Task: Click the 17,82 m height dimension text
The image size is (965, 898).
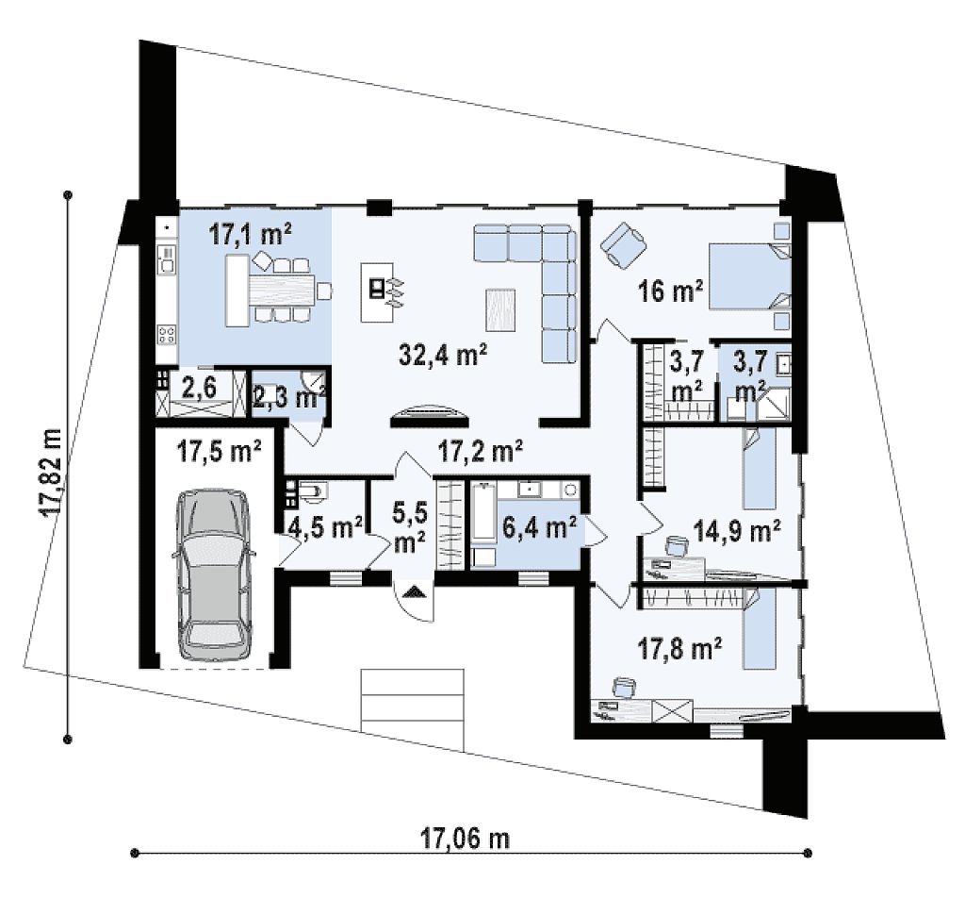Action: [51, 472]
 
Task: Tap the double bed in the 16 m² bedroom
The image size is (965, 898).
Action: [750, 275]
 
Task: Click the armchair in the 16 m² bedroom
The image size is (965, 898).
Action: [624, 244]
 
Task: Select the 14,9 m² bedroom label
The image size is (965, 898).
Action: [737, 530]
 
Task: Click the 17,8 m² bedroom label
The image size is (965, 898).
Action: [679, 649]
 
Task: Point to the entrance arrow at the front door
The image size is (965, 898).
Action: [416, 591]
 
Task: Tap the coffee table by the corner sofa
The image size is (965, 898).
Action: [500, 309]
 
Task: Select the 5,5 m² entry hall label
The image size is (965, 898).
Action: [409, 526]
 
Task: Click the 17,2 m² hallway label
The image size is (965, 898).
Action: [480, 451]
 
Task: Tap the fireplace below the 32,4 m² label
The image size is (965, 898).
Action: [429, 416]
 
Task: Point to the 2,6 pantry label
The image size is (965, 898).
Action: [199, 389]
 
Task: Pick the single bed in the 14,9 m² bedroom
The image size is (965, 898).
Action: [759, 468]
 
